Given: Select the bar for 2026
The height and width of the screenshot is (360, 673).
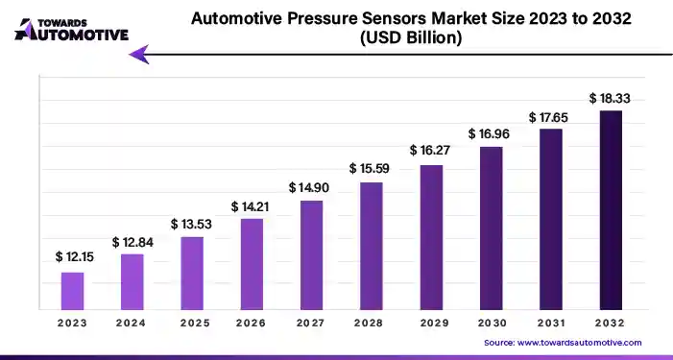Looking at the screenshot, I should tap(251, 263).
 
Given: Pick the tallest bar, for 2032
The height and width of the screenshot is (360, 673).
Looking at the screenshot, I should tap(611, 208).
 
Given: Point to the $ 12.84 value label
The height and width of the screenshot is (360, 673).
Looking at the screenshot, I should tap(132, 241).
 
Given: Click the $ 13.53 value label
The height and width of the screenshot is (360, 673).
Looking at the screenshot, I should tap(191, 224).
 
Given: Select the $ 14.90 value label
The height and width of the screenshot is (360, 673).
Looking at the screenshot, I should tap(310, 187).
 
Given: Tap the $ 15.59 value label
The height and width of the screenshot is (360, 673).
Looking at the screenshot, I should tap(370, 169).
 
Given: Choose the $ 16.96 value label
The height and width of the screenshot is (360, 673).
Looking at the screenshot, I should tap(490, 133).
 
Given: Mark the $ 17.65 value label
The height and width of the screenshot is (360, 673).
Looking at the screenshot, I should tap(550, 116).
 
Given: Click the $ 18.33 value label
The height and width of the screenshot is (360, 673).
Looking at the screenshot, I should tap(610, 98).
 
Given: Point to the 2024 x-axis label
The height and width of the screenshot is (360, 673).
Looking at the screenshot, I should tap(132, 324).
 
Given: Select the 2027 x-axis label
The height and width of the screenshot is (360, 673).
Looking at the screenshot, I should tap(310, 324).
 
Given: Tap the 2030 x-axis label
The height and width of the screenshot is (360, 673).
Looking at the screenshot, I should tap(491, 324).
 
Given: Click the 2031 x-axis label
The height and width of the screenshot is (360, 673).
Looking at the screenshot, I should tap(550, 324).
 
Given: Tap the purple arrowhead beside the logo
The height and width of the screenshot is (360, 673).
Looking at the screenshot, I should tap(140, 55).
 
